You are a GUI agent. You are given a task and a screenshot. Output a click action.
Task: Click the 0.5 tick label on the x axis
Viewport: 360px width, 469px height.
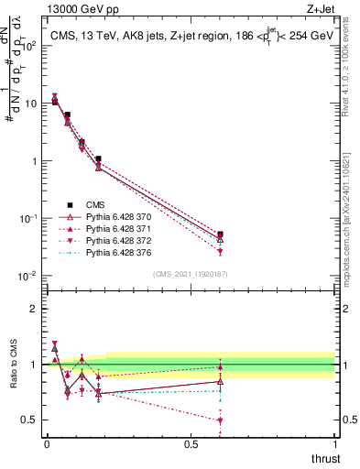(x=191, y=444)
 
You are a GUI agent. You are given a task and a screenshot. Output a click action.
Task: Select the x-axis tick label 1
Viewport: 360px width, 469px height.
(x=335, y=444)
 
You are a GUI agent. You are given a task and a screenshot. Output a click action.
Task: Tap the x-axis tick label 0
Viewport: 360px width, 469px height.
(x=47, y=444)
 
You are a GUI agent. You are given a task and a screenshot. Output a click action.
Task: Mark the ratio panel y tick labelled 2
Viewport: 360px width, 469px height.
(x=35, y=309)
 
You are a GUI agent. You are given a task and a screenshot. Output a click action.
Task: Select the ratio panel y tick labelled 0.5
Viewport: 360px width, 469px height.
(x=30, y=420)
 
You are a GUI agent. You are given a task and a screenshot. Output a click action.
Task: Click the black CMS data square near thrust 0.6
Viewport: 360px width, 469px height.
(x=220, y=234)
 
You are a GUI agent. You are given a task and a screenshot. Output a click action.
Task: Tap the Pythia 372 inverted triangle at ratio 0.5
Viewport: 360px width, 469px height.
(x=220, y=420)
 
